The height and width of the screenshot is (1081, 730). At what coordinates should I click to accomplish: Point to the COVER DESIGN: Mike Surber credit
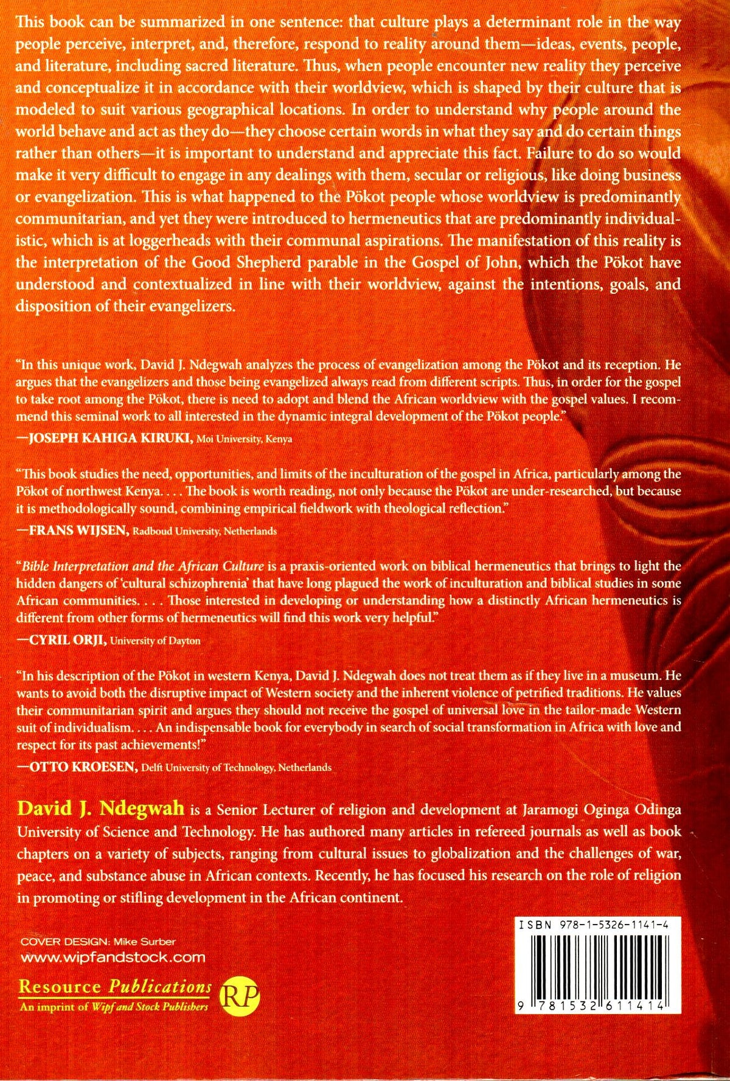99,941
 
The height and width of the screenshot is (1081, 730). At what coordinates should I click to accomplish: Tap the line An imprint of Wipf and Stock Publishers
114,1007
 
